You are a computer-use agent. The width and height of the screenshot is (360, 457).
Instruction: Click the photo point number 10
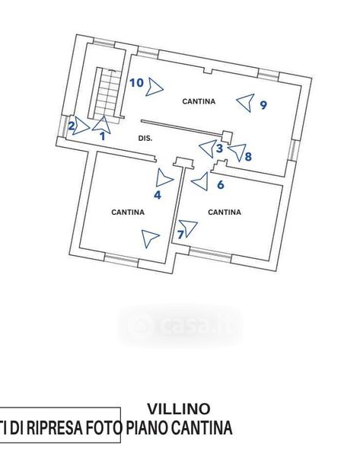(136, 83)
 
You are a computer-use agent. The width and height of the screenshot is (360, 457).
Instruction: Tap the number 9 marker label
(263, 105)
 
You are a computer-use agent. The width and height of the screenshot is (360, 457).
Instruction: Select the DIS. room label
(145, 139)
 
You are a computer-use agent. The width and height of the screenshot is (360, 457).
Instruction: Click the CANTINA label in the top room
(199, 101)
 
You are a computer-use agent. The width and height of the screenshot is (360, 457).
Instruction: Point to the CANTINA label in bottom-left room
(128, 213)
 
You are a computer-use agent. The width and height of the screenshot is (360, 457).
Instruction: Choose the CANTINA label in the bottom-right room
(225, 213)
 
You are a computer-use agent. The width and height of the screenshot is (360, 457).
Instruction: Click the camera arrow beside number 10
(154, 87)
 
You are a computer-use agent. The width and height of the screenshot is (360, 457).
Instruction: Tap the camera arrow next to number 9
(246, 103)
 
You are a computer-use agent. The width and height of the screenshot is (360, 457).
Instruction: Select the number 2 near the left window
(71, 126)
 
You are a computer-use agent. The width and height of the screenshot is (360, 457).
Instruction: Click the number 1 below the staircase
(102, 136)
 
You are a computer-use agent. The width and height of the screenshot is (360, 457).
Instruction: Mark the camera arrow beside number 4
(164, 177)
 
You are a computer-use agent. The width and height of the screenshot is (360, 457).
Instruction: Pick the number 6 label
(221, 185)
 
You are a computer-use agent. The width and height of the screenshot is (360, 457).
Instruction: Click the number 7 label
(180, 235)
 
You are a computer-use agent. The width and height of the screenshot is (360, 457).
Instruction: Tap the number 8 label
(248, 157)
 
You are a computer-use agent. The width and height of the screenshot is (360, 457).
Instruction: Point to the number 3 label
(219, 149)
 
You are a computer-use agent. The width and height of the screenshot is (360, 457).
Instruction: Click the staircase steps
(107, 93)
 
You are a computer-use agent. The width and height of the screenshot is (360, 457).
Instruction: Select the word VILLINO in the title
(179, 409)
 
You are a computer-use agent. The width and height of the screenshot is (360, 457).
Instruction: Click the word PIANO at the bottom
(146, 428)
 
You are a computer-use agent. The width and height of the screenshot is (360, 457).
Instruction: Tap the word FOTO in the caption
(104, 428)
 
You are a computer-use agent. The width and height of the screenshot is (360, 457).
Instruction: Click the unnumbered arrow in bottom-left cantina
(150, 238)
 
